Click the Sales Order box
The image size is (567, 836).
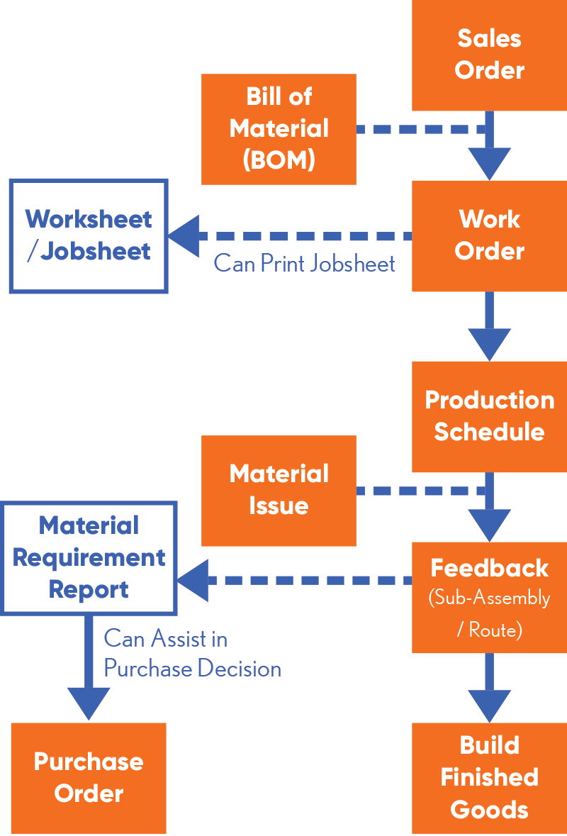coord(489,55)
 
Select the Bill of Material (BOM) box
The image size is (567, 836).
coord(279,129)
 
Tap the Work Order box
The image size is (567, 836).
coord(489,235)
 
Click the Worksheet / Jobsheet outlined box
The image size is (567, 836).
coord(89,235)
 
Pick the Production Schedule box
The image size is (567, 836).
coord(489,416)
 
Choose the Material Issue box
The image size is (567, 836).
coord(279,490)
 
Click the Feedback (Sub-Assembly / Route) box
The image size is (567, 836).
coord(489,597)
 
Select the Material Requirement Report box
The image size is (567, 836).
coord(89,557)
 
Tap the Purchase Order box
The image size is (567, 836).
coord(89,778)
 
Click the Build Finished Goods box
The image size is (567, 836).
coord(489,778)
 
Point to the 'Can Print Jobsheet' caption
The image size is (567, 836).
coord(304,264)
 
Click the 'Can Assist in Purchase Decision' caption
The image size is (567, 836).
coord(192,654)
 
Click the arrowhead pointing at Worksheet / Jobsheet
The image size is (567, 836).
coord(183,236)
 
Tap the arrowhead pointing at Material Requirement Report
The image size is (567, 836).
coord(192,580)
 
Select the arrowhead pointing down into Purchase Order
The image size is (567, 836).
coord(89,703)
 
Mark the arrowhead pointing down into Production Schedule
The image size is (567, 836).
coord(489,344)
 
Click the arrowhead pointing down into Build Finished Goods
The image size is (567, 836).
coord(489,706)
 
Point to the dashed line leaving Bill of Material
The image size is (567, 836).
coord(418,130)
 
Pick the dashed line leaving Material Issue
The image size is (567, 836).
coord(418,491)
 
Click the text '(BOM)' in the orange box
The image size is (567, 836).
coord(279,160)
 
